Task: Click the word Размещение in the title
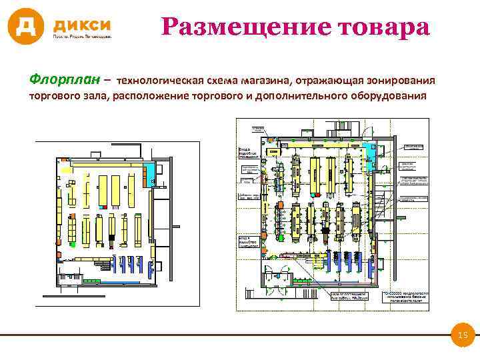click(246, 27)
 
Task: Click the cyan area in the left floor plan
click(152, 171)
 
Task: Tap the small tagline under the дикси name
click(83, 37)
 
